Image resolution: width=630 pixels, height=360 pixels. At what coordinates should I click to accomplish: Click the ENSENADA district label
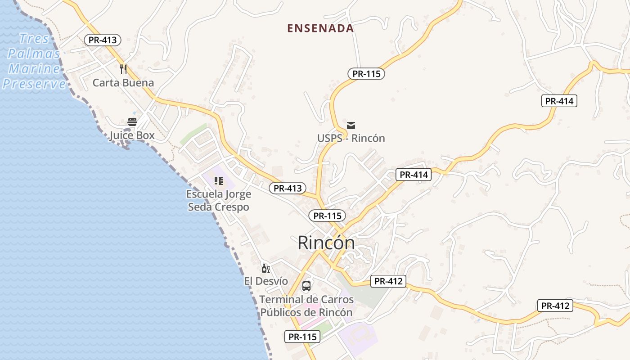[x=320, y=28]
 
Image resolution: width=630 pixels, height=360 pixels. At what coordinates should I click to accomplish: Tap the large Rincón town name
[x=326, y=243]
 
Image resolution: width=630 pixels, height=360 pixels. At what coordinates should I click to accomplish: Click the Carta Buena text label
[x=123, y=83]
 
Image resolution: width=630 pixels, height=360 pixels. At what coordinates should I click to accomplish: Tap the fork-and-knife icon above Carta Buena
[x=123, y=69]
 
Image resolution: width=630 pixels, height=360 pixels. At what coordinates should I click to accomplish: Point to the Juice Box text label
[x=132, y=135]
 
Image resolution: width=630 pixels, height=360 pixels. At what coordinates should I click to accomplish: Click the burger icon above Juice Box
[x=132, y=121]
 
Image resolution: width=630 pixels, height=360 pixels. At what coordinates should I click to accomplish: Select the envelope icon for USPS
[x=351, y=125]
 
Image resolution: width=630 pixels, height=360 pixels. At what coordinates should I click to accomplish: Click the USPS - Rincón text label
[x=351, y=138]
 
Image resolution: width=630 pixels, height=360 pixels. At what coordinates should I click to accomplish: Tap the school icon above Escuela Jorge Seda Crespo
[x=219, y=181]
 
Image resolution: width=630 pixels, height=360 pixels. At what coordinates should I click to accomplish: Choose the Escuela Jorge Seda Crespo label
[x=219, y=201]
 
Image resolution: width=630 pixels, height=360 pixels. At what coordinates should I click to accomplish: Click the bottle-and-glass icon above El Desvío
[x=266, y=269]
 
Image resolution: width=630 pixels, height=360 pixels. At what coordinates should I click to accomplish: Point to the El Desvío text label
[x=266, y=281]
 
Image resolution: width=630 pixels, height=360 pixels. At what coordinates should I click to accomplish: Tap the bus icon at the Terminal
[x=306, y=286]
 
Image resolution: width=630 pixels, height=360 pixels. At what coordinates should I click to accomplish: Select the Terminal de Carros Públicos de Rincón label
[x=306, y=306]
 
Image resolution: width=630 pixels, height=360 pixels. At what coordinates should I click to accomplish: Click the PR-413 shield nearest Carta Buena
[x=103, y=40]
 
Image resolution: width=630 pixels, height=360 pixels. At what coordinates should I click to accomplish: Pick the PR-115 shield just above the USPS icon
[x=366, y=74]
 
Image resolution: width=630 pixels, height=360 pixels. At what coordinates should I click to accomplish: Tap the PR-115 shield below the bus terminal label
[x=302, y=337]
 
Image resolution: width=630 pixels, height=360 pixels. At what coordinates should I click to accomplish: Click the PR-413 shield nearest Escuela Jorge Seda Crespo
[x=288, y=188]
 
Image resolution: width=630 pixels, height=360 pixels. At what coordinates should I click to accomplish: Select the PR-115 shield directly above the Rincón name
[x=327, y=216]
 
